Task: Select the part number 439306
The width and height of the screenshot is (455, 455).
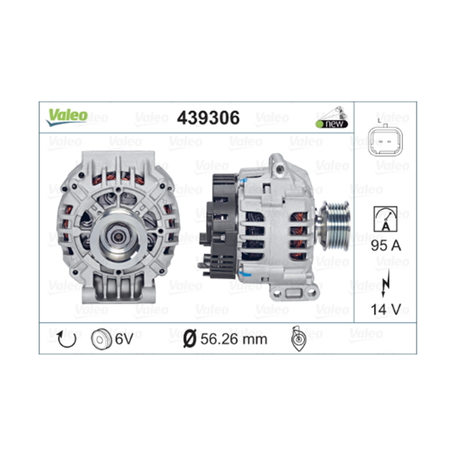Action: point(208,118)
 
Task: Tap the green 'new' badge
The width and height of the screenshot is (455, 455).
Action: point(332,124)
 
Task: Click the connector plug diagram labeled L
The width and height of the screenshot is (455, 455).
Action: point(384,141)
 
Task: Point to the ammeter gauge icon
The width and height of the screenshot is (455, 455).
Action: point(385,219)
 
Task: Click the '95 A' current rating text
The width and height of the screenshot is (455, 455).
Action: point(385,246)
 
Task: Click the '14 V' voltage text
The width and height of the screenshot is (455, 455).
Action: point(385,309)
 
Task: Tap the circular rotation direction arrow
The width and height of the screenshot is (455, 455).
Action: point(67,339)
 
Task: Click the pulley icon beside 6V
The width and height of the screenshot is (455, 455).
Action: point(101,339)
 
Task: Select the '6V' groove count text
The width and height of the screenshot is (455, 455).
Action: point(124,339)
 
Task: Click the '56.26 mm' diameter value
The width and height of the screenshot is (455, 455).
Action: point(234,339)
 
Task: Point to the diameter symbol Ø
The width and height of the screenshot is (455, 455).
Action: point(189,339)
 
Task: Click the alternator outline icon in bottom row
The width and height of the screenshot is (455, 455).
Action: point(299,338)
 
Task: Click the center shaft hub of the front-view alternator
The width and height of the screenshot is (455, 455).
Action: point(119,237)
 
